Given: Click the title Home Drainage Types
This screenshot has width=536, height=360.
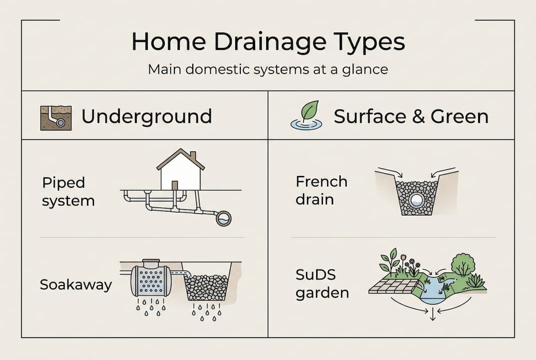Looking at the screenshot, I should [268, 42].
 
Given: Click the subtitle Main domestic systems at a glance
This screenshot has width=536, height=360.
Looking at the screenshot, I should [268, 68].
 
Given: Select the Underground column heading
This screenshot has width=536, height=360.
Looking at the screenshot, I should [146, 116].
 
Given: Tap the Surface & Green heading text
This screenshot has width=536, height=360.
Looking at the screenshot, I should [411, 116].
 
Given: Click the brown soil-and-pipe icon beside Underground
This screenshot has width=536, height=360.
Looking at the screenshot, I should [55, 117].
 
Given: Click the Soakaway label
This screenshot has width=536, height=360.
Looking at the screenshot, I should [76, 285].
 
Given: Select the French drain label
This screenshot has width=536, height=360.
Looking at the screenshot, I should [321, 190].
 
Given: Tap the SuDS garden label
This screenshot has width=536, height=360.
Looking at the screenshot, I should [322, 283].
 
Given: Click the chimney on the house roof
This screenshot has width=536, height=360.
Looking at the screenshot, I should [193, 156].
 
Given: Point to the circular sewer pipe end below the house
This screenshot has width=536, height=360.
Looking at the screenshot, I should [223, 218].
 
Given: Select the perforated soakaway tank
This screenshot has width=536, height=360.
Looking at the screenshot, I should [150, 281].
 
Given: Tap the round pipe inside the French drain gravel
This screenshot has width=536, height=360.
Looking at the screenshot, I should [416, 200].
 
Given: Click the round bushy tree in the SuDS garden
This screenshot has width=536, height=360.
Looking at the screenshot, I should [463, 265].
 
